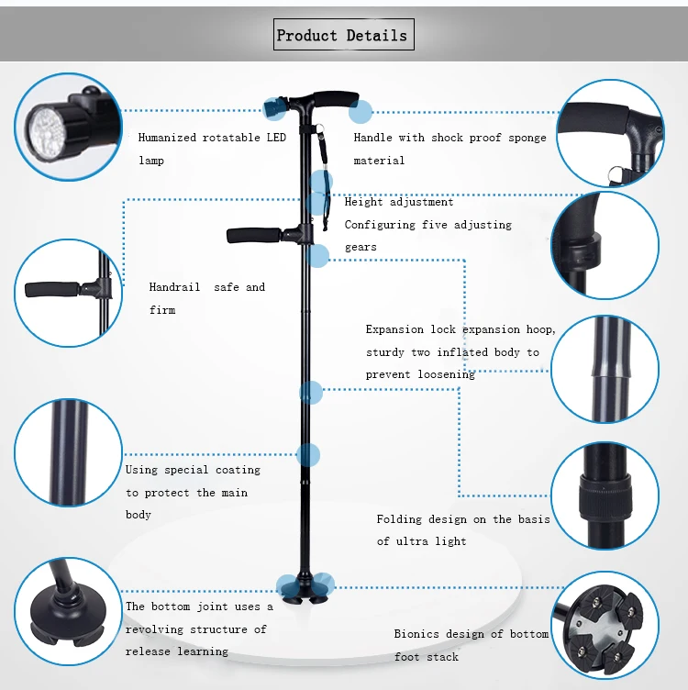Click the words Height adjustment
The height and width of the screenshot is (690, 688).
tap(399, 202)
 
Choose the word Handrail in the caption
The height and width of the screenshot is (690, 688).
tap(174, 287)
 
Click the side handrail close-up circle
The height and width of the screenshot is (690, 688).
tap(69, 293)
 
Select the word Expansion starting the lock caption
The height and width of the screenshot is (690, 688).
tap(395, 329)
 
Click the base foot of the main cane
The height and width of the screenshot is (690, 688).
tap(304, 586)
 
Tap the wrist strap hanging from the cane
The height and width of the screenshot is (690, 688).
tap(323, 184)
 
